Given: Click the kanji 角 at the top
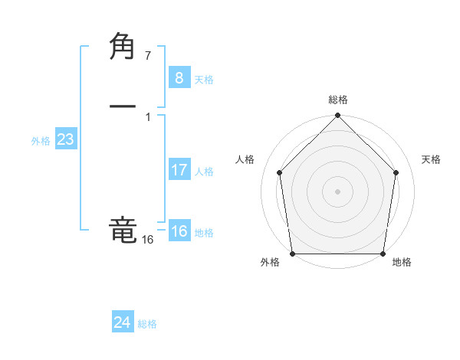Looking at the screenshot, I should coord(123,47).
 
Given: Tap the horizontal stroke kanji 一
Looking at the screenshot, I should coord(123,106).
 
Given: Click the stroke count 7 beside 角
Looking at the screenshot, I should coord(147,56).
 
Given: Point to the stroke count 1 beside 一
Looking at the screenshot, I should coord(147,116).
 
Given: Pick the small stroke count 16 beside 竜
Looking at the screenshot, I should coord(147,240).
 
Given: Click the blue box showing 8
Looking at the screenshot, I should coord(179,77).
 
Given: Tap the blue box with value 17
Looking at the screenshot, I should coord(179,170).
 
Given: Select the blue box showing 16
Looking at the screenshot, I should coord(179,231).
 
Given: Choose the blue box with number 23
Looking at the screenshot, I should coord(65,140).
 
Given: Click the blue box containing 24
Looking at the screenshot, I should coord(122,322).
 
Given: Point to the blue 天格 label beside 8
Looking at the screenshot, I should coord(204,79).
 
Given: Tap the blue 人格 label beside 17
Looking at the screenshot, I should coord(204,172).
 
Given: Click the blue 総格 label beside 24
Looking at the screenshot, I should coord(147,324).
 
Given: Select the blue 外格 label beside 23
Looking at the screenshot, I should coord(41,141).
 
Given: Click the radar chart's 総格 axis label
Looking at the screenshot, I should coord(337,100).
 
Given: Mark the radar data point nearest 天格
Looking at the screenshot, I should coord(396,172).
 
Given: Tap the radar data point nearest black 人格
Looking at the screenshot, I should coord(279,172).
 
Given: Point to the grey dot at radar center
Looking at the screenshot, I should coord(337,191).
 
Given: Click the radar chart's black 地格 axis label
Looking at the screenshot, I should coord(402,263).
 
